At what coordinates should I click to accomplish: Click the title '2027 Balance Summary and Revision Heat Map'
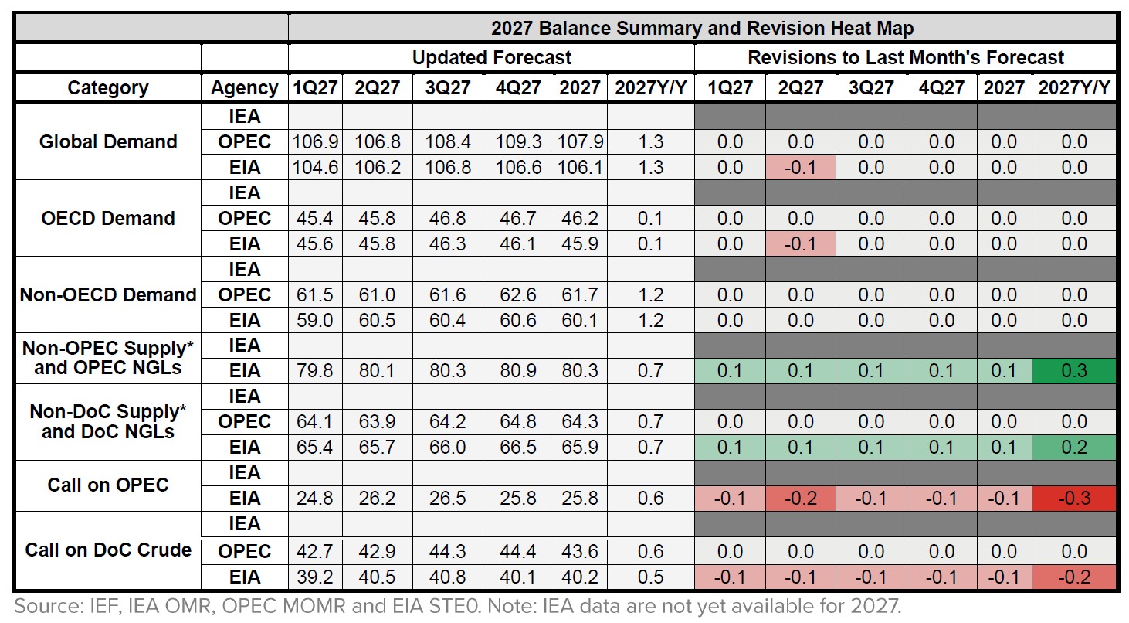pyautogui.click(x=702, y=29)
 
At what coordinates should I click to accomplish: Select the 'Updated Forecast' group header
pyautogui.click(x=491, y=58)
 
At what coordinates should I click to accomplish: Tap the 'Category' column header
pyautogui.click(x=107, y=88)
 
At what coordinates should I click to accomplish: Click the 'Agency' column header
pyautogui.click(x=244, y=88)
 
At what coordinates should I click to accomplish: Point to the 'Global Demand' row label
pyautogui.click(x=108, y=141)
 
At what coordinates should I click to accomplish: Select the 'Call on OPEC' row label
pyautogui.click(x=108, y=485)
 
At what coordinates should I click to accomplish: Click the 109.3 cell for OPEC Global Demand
pyautogui.click(x=517, y=142)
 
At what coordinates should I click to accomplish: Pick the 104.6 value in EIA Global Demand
pyautogui.click(x=315, y=168)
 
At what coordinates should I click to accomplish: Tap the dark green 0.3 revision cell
pyautogui.click(x=1074, y=371)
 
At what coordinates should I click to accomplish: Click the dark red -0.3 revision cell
pyautogui.click(x=1074, y=499)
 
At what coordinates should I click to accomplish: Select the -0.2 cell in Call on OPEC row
pyautogui.click(x=800, y=499)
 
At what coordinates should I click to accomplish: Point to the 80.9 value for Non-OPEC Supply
pyautogui.click(x=517, y=371)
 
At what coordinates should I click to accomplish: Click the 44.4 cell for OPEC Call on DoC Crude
pyautogui.click(x=517, y=552)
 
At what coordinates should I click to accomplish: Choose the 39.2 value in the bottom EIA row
pyautogui.click(x=315, y=577)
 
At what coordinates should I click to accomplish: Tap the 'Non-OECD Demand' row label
pyautogui.click(x=108, y=294)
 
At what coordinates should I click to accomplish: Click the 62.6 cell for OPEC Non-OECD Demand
pyautogui.click(x=517, y=295)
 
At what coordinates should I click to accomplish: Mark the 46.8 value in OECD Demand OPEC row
pyautogui.click(x=447, y=219)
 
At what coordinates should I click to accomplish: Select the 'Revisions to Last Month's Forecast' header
pyautogui.click(x=905, y=58)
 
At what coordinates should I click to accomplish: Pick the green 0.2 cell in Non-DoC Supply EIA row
pyautogui.click(x=1074, y=448)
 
